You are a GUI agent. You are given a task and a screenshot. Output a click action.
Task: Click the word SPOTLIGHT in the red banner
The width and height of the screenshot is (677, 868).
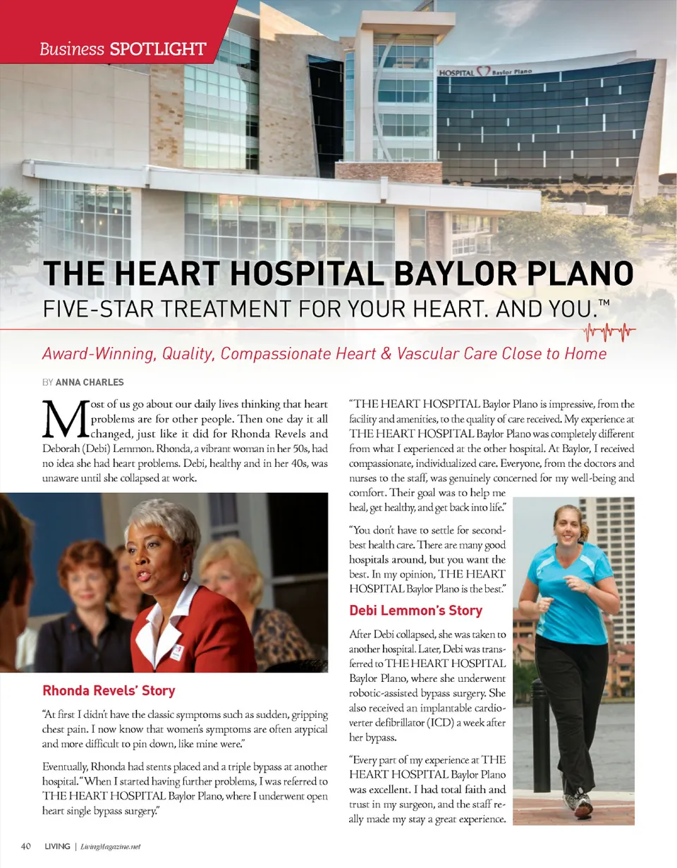(x=158, y=49)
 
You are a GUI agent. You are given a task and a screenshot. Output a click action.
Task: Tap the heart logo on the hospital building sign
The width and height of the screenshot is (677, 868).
(x=483, y=71)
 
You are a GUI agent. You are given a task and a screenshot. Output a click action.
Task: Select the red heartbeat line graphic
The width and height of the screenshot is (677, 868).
(x=609, y=330)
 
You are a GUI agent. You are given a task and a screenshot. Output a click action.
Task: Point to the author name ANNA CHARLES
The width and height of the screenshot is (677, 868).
(x=90, y=382)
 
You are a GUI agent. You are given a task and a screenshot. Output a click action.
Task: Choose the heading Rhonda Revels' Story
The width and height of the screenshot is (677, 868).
(x=109, y=690)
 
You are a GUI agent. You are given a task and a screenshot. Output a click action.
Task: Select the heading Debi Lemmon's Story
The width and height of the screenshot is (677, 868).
(x=415, y=610)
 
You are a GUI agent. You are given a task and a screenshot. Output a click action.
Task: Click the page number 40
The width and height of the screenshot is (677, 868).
(x=26, y=846)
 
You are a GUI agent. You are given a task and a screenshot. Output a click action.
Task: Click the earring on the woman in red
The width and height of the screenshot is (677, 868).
(x=185, y=575)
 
